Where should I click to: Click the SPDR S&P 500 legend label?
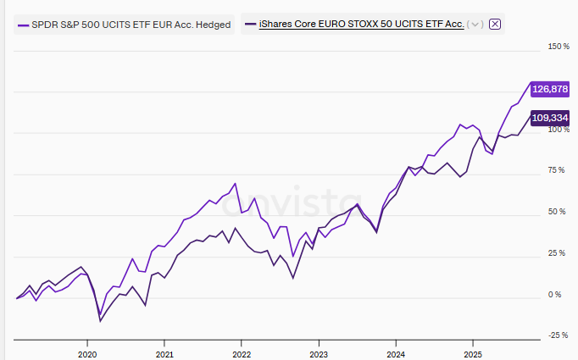[131, 25]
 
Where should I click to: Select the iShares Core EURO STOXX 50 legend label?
[361, 25]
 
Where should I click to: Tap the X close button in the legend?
[495, 25]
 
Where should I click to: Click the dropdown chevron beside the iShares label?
[475, 25]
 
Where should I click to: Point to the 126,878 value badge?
[550, 89]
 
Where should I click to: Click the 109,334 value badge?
[550, 118]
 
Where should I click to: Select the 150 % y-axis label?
[559, 47]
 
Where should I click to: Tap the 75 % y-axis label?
[557, 170]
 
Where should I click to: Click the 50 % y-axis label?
[557, 212]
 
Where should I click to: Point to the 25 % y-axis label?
[557, 253]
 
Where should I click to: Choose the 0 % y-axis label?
[554, 295]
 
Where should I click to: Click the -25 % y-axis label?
[559, 335]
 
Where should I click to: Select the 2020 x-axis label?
[87, 354]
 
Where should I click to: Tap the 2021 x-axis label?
[164, 354]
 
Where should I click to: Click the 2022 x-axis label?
[242, 354]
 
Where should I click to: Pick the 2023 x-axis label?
[319, 354]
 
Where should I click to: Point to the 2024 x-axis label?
[396, 354]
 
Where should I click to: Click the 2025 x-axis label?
[473, 354]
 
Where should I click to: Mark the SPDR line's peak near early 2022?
[235, 183]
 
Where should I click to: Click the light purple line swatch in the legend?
[23, 25]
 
